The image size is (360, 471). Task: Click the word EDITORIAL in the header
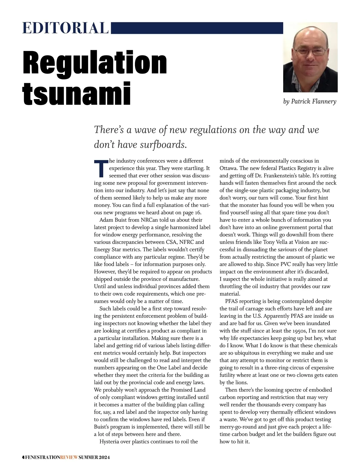[65, 28]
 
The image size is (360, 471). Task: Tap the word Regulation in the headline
[95, 63]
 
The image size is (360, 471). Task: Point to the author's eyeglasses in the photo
[311, 51]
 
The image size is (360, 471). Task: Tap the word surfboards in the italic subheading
[164, 145]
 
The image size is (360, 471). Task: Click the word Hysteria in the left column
[110, 441]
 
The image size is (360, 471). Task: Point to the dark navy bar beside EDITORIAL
[197, 28]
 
